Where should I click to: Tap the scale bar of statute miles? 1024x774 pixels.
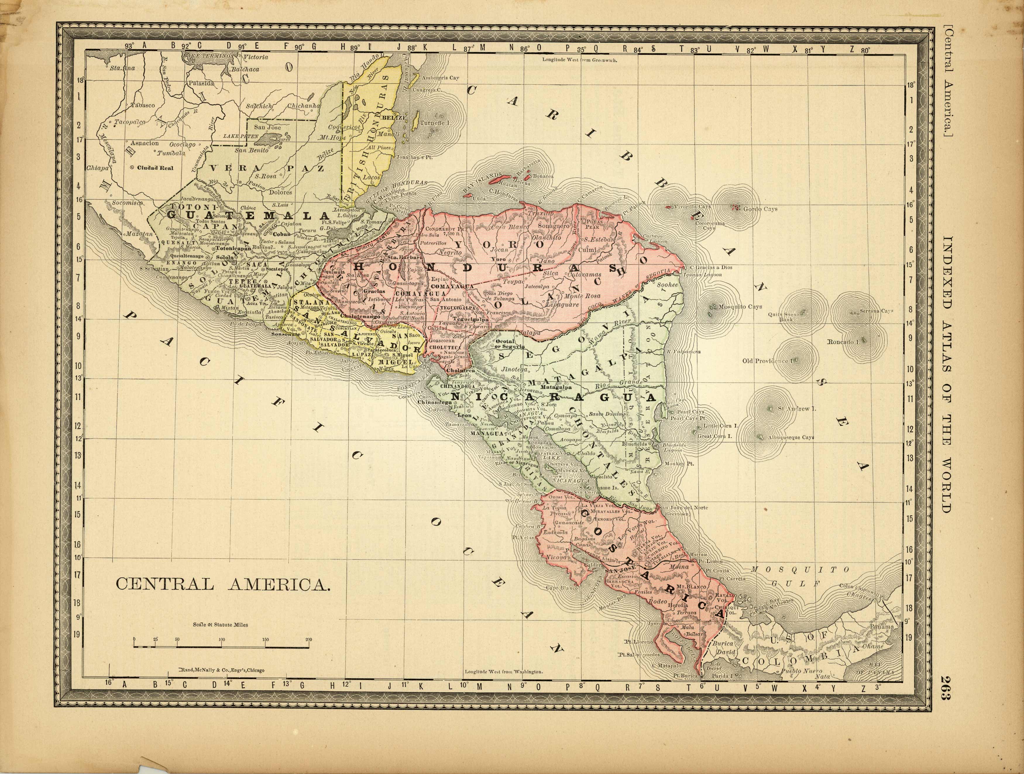pyautogui.click(x=222, y=644)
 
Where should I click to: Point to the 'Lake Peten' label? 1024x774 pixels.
pyautogui.click(x=241, y=137)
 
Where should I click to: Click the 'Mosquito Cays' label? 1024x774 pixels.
pyautogui.click(x=740, y=306)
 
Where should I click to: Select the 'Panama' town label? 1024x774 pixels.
pyautogui.click(x=882, y=627)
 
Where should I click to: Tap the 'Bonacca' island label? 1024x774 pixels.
pyautogui.click(x=543, y=176)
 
